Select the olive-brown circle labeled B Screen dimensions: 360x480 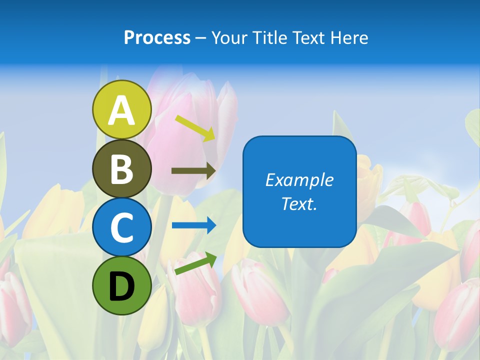121,169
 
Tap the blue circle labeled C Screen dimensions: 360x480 121,227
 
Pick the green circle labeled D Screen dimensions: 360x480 121,285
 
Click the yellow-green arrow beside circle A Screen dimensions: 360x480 195,127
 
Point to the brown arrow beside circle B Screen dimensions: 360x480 193,171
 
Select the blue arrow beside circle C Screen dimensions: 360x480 193,225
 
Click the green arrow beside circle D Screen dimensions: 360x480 195,263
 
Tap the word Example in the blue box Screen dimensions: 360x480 299,180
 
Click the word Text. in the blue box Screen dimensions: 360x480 299,203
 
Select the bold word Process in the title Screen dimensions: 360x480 157,38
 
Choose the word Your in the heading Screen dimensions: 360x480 230,38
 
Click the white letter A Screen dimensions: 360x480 121,111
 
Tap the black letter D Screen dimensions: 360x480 121,287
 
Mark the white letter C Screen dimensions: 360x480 121,227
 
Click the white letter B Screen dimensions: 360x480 121,169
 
